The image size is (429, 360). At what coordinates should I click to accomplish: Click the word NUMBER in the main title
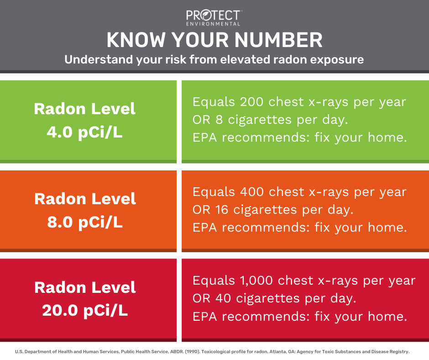[x=278, y=40]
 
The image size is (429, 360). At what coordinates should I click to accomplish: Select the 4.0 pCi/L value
[x=84, y=132]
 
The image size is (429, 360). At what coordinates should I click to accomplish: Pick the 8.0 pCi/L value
[x=85, y=222]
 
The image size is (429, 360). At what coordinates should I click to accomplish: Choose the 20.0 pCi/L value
[x=85, y=311]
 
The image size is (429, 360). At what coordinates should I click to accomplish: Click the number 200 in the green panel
[x=251, y=102]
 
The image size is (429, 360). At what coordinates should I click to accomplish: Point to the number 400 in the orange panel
[x=252, y=192]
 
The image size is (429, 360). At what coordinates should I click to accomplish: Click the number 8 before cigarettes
[x=219, y=120]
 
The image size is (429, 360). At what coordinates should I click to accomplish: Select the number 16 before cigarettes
[x=222, y=210]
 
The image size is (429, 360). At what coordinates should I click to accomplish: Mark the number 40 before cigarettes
[x=223, y=298]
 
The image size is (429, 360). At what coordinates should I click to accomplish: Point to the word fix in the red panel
[x=322, y=317]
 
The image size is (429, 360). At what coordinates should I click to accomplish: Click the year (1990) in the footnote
[x=192, y=352]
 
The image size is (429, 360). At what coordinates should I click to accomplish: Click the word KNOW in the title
[x=136, y=40]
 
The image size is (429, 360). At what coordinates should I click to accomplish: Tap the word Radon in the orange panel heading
[x=60, y=199]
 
